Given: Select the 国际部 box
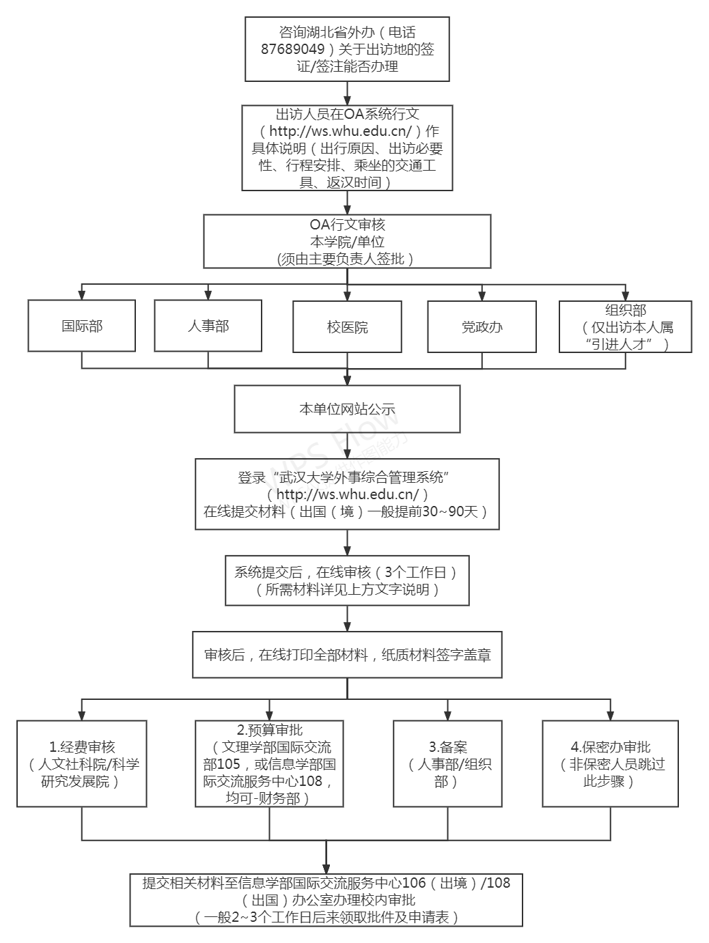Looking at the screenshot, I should [x=82, y=326].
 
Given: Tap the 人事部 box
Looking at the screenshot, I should [x=208, y=326].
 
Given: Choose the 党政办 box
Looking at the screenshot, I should [x=482, y=327].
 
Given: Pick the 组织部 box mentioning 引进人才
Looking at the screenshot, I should [x=625, y=327].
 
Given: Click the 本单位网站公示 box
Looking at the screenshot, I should [x=347, y=409].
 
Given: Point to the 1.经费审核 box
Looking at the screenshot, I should [x=82, y=763].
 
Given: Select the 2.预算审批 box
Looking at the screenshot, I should [x=269, y=763].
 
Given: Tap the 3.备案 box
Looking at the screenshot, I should [x=448, y=763].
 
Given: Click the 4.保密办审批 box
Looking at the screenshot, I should [x=610, y=763].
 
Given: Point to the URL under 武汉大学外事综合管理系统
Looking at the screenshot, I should [x=348, y=494].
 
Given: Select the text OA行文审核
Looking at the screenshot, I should [x=347, y=225].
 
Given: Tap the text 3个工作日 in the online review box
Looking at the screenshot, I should [x=415, y=572].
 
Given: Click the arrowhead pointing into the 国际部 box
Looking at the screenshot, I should [x=82, y=296].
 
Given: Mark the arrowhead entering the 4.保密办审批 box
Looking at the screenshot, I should [x=610, y=715].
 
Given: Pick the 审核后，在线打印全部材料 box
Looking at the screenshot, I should [x=347, y=655].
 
